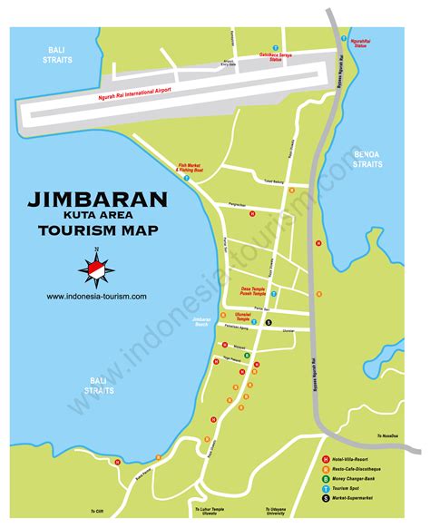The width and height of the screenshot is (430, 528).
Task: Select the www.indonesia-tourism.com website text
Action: (x=96, y=297)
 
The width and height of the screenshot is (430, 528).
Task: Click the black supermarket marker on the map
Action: (x=280, y=325)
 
